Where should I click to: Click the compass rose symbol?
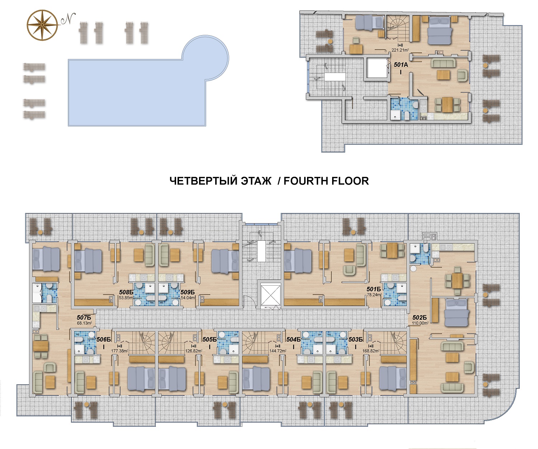[x=42, y=25]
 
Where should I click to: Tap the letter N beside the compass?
[x=68, y=19]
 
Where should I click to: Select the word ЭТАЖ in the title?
[x=256, y=181]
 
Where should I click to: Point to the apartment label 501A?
[x=401, y=65]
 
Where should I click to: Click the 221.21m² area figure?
[x=400, y=50]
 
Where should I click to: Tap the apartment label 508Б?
[x=126, y=292]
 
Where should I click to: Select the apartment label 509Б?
[x=188, y=292]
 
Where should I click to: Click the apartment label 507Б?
[x=84, y=318]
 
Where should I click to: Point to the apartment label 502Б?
[x=420, y=318]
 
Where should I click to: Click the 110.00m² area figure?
[x=420, y=323]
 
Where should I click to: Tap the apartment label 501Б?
[x=374, y=289]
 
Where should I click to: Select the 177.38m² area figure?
[x=119, y=351]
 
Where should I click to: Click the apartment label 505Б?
[x=209, y=339]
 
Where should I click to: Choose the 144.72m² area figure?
[x=278, y=351]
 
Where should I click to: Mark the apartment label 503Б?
[x=355, y=339]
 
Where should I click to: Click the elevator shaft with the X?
[x=270, y=294]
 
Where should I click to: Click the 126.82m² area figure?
[x=194, y=351]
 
